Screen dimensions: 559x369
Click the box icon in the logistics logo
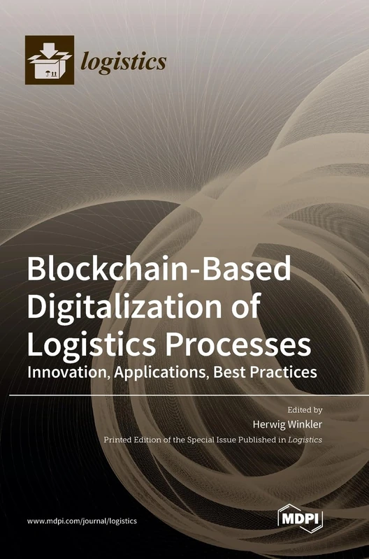click(x=49, y=59)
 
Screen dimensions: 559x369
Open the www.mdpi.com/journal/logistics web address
click(x=82, y=521)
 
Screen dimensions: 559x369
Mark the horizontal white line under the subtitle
click(x=184, y=395)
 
